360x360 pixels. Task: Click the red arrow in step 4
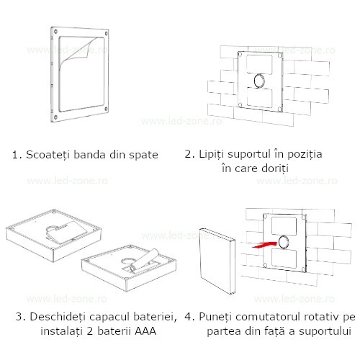pyautogui.click(x=264, y=245)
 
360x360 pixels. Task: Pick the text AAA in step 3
pyautogui.click(x=145, y=331)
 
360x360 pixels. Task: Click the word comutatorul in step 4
pyautogui.click(x=266, y=317)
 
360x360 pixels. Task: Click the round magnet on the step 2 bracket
pyautogui.click(x=259, y=81)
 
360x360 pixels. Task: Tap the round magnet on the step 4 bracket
pyautogui.click(x=284, y=242)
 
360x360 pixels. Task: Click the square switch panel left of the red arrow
pyautogui.click(x=217, y=261)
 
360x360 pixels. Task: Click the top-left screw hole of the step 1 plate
pyautogui.click(x=55, y=31)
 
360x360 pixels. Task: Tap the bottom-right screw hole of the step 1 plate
pyautogui.click(x=106, y=109)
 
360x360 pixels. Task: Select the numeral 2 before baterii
pyautogui.click(x=90, y=331)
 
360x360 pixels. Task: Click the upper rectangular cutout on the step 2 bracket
pyautogui.click(x=259, y=64)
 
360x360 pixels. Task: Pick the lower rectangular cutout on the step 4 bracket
pyautogui.click(x=284, y=258)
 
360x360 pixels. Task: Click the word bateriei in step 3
pyautogui.click(x=155, y=317)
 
